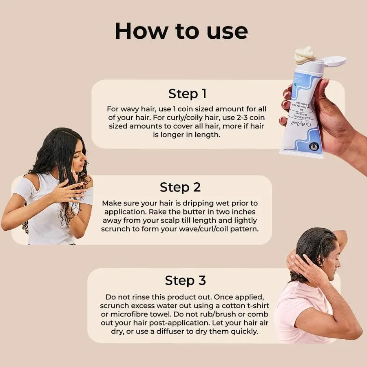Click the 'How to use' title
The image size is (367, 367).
point(181,31)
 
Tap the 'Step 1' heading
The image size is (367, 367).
point(187,93)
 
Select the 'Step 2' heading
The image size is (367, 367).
point(180,187)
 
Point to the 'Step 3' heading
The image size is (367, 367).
point(185,281)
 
